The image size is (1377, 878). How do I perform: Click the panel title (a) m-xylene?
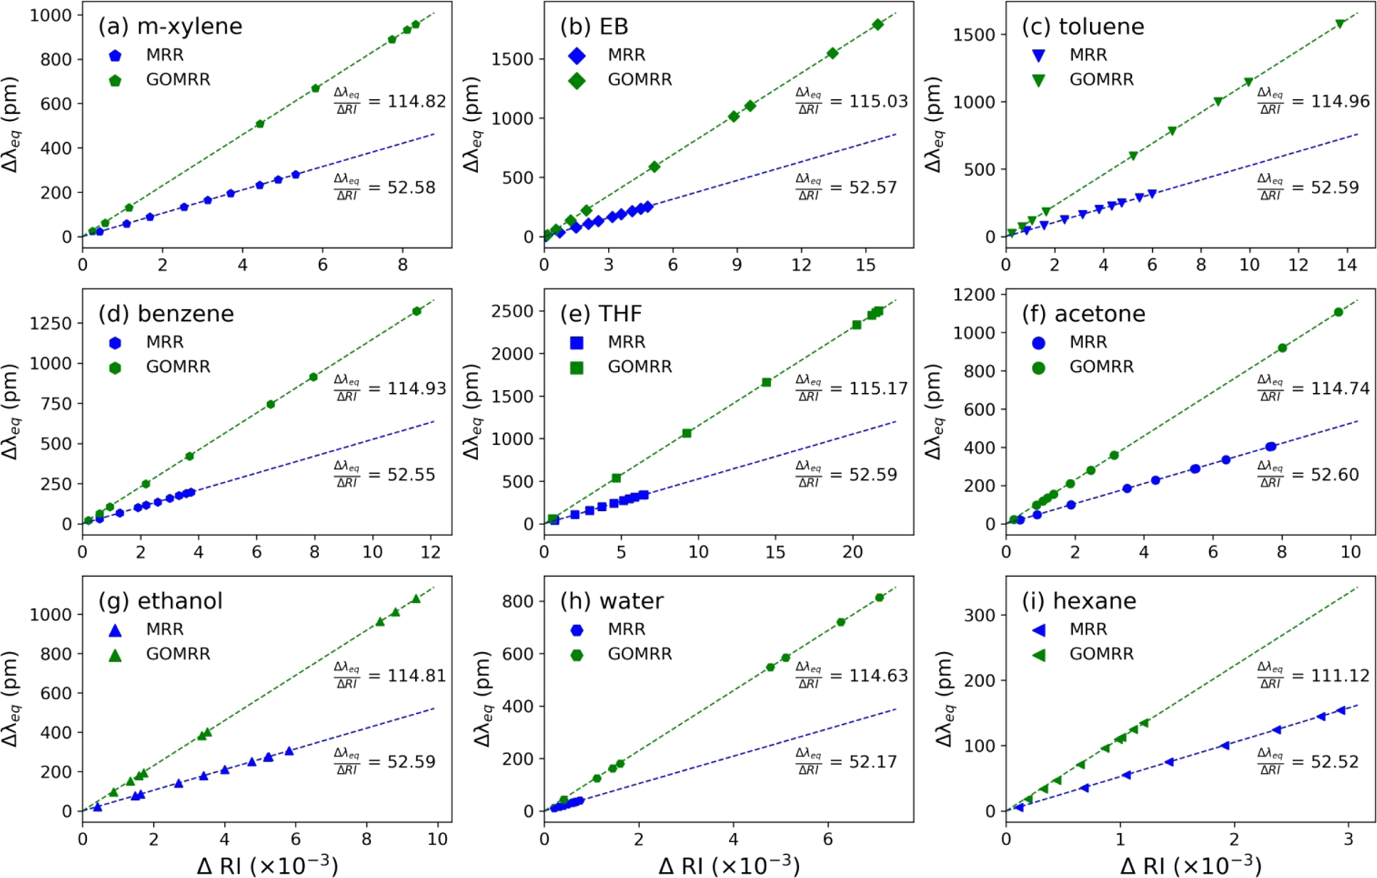[170, 26]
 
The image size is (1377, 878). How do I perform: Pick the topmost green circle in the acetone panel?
[1338, 312]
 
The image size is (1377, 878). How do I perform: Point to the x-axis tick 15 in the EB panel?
[865, 265]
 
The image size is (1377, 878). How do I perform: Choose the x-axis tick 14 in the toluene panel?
[1347, 265]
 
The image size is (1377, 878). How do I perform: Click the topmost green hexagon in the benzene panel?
[417, 311]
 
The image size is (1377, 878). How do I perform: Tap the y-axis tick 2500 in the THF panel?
[513, 311]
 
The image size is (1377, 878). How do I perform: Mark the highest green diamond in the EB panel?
[878, 25]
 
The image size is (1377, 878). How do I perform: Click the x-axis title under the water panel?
[729, 865]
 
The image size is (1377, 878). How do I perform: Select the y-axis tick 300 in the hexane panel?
[980, 615]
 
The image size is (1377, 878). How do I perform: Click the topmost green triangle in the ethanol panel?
[416, 599]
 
